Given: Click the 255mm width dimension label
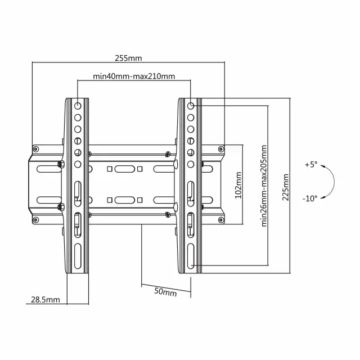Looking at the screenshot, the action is pos(128,58).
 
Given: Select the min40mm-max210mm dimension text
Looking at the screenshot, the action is pos(134,76).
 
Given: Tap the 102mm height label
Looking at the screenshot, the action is pos(238,185).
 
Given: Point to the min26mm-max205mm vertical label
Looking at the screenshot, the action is pos(264,186).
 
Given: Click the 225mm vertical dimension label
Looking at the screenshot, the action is pos(285,187).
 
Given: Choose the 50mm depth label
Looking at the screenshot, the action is pos(165,292).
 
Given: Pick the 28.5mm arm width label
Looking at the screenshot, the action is pos(46,300).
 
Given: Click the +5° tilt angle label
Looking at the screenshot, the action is pos(311,164).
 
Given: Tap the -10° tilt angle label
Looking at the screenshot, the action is pos(310,198).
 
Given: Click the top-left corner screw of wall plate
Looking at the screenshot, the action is pos(35,149).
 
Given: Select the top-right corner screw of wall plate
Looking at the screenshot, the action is pos(221,149).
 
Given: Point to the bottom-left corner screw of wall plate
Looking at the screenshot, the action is pos(35,220).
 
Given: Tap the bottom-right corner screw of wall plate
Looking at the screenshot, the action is pos(221,220).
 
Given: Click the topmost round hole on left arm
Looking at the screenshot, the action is pos(78,106).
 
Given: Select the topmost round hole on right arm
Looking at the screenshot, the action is pos(191,106).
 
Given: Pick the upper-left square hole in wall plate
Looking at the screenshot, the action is pos(110,169).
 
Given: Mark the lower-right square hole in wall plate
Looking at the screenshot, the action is pos(139,200).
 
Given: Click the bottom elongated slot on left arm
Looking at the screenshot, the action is pos(78,256).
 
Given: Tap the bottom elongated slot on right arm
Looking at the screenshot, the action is pos(191,256).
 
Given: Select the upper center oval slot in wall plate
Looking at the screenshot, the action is pos(125,169).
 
